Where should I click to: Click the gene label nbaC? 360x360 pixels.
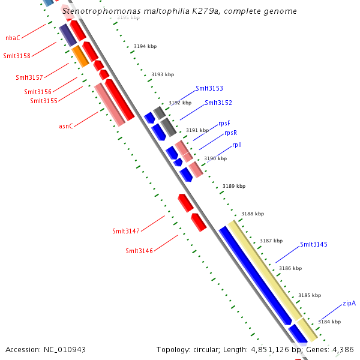tap(13, 38)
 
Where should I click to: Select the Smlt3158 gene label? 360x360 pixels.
tap(17, 56)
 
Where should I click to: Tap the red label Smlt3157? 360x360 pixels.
tap(29, 78)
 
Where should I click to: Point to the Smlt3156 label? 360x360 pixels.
tap(38, 92)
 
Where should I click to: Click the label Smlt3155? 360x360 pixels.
tap(44, 101)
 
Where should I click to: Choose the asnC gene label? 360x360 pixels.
tap(66, 126)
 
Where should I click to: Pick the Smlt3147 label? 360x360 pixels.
tap(126, 231)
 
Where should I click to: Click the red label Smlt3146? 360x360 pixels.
tap(139, 251)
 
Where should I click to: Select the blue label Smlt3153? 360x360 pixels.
tap(209, 89)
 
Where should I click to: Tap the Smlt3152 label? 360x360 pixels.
tap(218, 103)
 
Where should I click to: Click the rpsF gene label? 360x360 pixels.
tap(224, 123)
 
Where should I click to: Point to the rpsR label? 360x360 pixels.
tap(230, 133)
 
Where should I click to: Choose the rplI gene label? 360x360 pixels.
tap(237, 145)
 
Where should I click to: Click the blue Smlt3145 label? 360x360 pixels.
tap(314, 244)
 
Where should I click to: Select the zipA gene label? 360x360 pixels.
tap(349, 303)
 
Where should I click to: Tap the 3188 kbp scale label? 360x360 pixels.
tap(253, 214)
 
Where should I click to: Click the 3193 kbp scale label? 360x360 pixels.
tap(163, 74)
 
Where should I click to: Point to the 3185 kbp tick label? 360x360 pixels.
tap(310, 295)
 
